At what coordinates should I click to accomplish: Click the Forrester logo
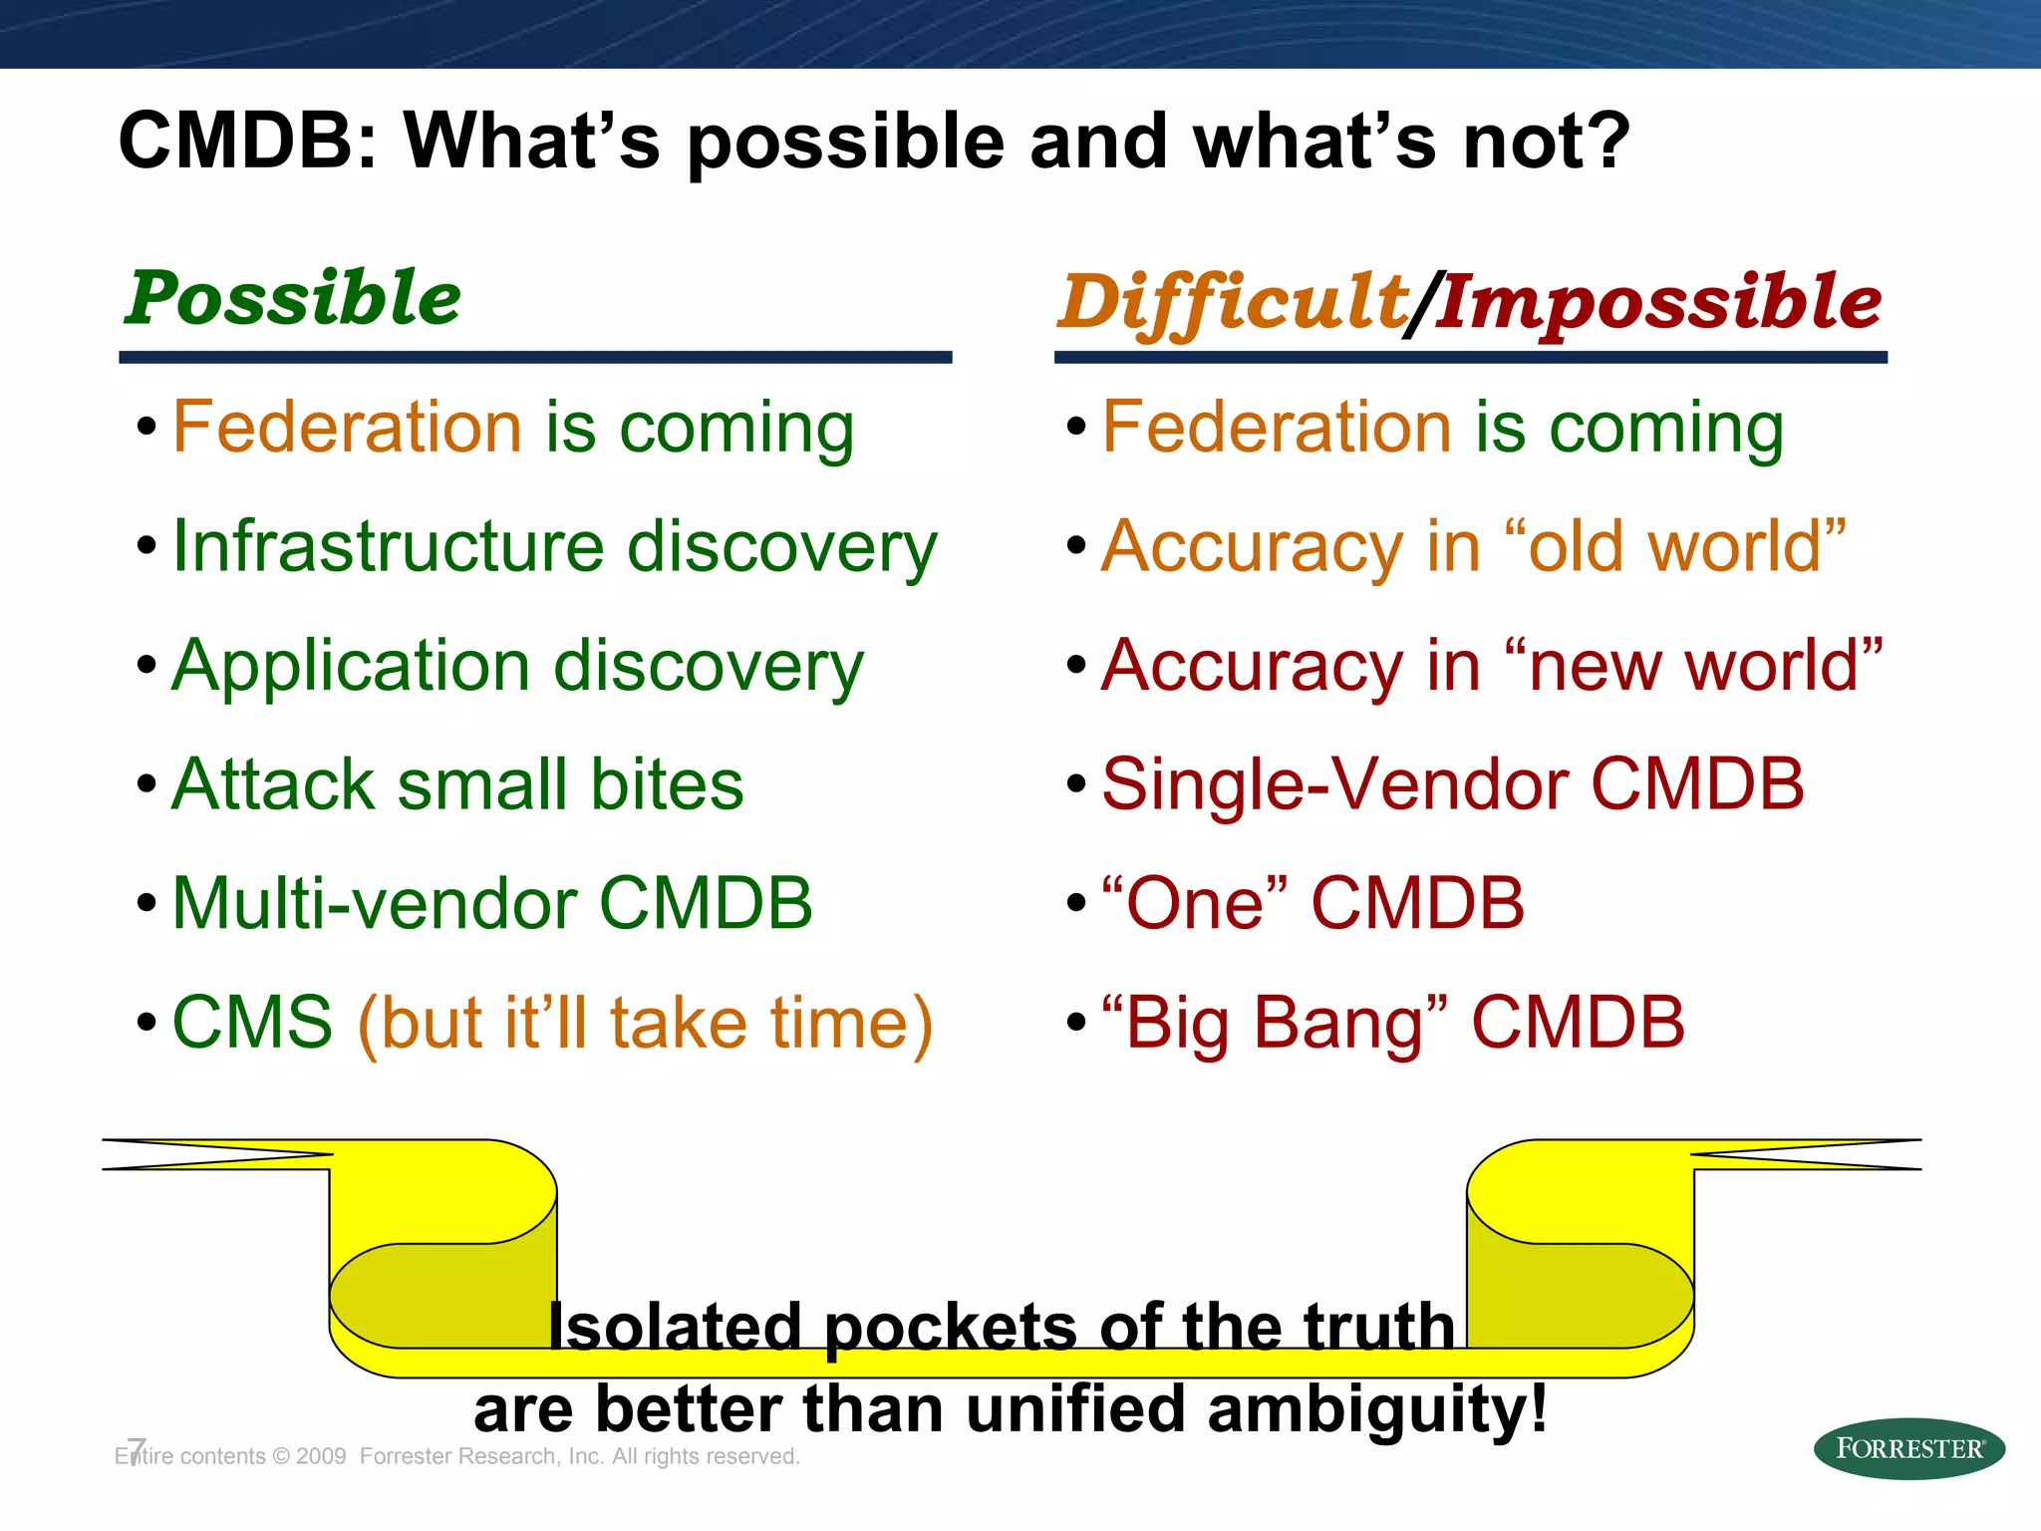pyautogui.click(x=1907, y=1448)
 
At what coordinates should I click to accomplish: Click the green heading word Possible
pyautogui.click(x=292, y=298)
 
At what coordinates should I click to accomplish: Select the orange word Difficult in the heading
pyautogui.click(x=1232, y=302)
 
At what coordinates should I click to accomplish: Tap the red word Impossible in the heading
pyautogui.click(x=1657, y=302)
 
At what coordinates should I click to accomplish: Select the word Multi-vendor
pyautogui.click(x=374, y=903)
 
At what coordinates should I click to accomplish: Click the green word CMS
pyautogui.click(x=252, y=1023)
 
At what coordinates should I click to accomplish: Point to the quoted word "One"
pyautogui.click(x=1195, y=903)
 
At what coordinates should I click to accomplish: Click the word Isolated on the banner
pyautogui.click(x=676, y=1327)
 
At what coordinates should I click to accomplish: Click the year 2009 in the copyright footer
pyautogui.click(x=321, y=1456)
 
